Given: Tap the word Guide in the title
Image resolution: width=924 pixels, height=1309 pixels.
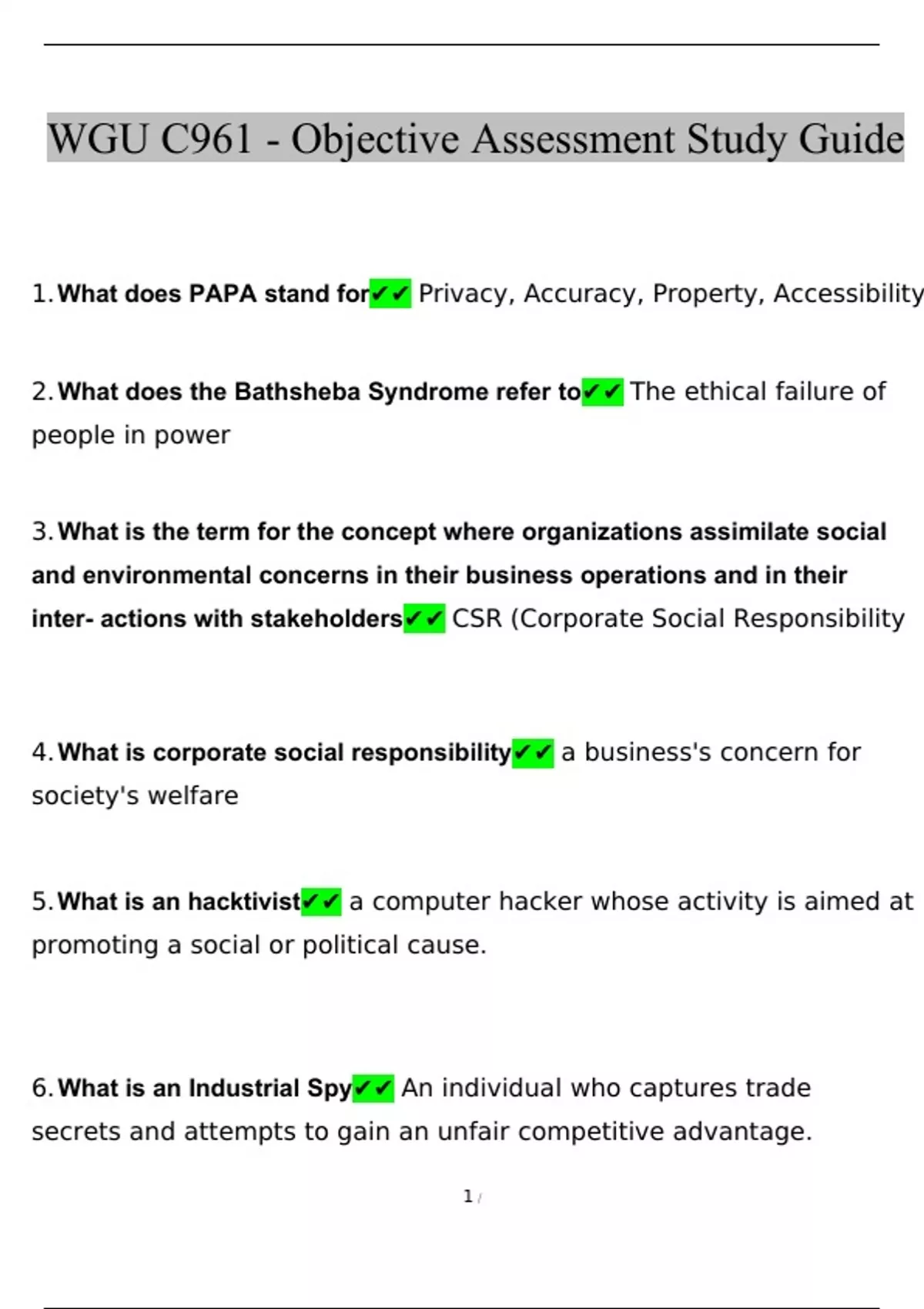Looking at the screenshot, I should click(x=851, y=139).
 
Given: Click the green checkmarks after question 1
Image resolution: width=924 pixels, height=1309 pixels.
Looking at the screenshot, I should click(x=390, y=293).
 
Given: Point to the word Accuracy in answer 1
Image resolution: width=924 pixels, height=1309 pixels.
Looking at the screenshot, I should click(x=584, y=293).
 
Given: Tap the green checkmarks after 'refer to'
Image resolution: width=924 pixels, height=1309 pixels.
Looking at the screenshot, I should click(x=602, y=392).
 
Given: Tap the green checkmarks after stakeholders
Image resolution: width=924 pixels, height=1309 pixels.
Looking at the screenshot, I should click(x=424, y=618).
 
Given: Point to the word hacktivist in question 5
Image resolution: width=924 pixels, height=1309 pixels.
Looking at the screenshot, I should click(x=244, y=901).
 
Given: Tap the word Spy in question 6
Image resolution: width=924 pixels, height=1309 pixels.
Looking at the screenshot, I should click(x=329, y=1088).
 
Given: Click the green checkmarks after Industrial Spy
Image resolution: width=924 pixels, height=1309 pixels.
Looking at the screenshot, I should click(x=373, y=1088).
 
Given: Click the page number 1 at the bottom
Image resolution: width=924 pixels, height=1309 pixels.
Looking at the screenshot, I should click(x=467, y=1197).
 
